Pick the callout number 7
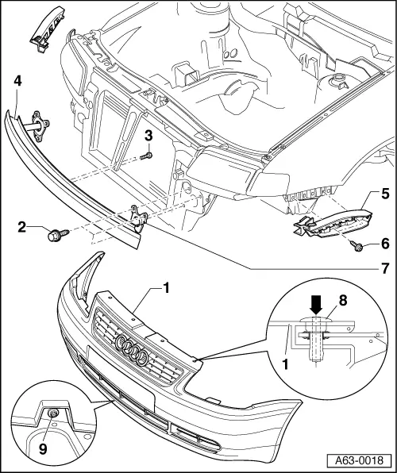pyautogui.click(x=384, y=269)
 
